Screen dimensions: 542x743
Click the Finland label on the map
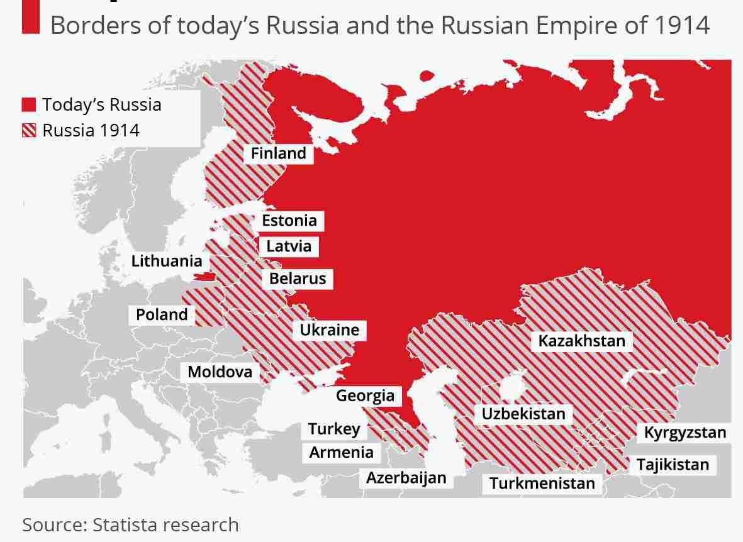pyautogui.click(x=278, y=153)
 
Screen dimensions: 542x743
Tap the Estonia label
pyautogui.click(x=289, y=220)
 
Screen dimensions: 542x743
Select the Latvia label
pyautogui.click(x=289, y=245)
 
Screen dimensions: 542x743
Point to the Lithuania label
pyautogui.click(x=167, y=261)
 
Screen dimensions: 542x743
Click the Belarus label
pyautogui.click(x=298, y=278)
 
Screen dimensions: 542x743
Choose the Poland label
pyautogui.click(x=162, y=314)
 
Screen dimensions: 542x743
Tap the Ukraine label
pyautogui.click(x=329, y=329)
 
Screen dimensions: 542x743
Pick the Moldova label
pyautogui.click(x=220, y=372)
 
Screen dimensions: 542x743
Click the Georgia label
pyautogui.click(x=365, y=395)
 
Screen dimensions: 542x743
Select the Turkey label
pyautogui.click(x=334, y=429)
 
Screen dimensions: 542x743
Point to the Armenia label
pyautogui.click(x=341, y=452)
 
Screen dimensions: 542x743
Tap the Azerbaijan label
pyautogui.click(x=406, y=477)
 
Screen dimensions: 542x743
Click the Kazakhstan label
pyautogui.click(x=582, y=341)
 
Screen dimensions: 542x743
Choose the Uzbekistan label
pyautogui.click(x=523, y=414)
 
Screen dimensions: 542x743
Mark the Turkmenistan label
pyautogui.click(x=542, y=484)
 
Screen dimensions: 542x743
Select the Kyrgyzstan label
pyautogui.click(x=684, y=433)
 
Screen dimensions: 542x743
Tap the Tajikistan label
pyautogui.click(x=673, y=465)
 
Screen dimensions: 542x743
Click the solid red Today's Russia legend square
pyautogui.click(x=29, y=104)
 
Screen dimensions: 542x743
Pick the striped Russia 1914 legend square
pyautogui.click(x=29, y=130)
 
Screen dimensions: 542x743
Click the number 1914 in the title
pyautogui.click(x=682, y=25)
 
